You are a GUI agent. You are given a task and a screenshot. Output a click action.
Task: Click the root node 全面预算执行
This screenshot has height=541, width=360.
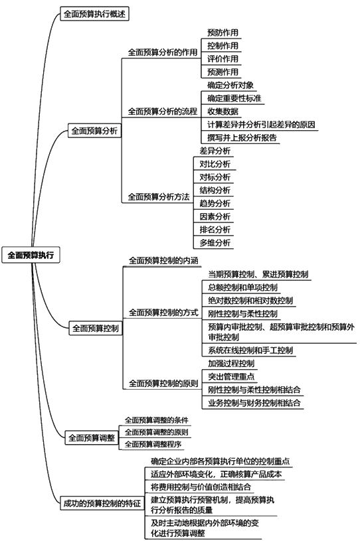click(31, 255)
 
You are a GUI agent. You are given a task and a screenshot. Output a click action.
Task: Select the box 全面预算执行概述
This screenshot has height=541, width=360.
click(94, 14)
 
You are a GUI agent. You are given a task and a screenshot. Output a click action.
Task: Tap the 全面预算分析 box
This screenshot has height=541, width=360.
click(94, 131)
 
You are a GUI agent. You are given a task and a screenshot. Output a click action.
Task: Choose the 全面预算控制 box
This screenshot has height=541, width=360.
click(96, 328)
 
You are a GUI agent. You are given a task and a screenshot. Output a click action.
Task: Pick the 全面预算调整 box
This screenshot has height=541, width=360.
click(92, 438)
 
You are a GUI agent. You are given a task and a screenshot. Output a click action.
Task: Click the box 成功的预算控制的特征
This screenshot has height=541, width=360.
click(102, 503)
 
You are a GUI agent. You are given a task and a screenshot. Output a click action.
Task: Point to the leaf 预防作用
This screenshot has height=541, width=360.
click(223, 33)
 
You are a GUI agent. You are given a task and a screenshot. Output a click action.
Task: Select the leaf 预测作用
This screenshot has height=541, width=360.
click(223, 72)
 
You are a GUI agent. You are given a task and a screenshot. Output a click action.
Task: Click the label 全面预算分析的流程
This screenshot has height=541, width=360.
click(163, 112)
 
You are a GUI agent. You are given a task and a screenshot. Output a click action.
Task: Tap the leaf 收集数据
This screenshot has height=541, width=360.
click(223, 112)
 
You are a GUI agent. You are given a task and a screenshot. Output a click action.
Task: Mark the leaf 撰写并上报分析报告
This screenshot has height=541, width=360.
click(242, 137)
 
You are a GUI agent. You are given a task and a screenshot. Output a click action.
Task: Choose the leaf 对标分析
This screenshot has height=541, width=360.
click(215, 177)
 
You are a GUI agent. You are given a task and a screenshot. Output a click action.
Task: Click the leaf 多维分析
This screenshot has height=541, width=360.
click(215, 243)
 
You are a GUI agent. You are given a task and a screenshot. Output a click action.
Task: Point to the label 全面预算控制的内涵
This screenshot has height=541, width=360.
click(163, 260)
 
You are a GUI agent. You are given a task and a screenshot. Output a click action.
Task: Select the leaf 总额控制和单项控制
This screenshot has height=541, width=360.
click(242, 287)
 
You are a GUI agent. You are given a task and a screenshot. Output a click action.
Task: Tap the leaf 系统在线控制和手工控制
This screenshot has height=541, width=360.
click(250, 350)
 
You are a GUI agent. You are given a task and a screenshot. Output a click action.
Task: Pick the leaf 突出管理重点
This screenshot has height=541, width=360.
click(231, 376)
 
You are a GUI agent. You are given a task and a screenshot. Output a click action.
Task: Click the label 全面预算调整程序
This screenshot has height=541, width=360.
click(153, 444)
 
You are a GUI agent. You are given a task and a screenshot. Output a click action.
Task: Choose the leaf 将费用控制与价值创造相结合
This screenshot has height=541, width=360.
click(201, 487)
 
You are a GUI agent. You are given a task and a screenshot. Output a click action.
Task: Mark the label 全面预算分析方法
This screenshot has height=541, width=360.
click(159, 197)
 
